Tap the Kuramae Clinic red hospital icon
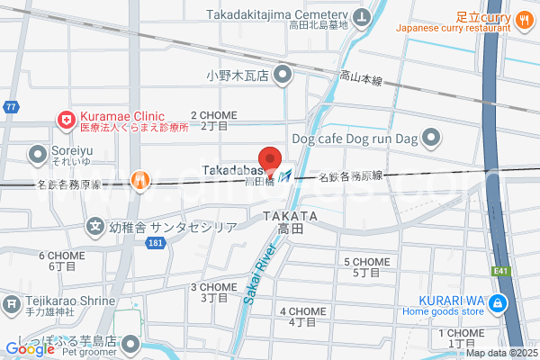66,118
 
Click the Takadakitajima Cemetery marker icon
362,17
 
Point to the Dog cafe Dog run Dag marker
433,139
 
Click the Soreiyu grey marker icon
39,154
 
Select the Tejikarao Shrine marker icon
12,303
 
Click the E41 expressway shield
499,268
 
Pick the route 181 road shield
157,243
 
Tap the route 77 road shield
10,107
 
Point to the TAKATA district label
291,217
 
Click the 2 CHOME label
213,116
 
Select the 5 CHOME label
366,262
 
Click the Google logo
30,349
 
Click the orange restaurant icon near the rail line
139,181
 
